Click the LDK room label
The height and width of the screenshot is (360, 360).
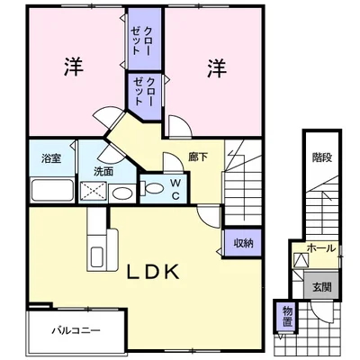pos(153,272)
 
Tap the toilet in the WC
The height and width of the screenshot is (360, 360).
pos(152,188)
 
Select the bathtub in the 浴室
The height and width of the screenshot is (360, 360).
pos(52,190)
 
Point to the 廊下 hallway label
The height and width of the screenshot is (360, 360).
pos(198,157)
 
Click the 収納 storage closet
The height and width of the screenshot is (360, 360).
pos(243,243)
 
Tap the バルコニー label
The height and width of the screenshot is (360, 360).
pos(76,331)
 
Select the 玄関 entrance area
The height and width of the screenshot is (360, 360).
pos(322,285)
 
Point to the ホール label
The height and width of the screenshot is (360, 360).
pos(320,248)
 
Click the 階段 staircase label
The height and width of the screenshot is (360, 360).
pos(322,157)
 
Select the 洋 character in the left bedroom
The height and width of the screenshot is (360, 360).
pos(74,67)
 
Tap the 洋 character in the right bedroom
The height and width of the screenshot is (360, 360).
pos(217,68)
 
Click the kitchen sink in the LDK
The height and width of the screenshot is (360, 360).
pos(97,256)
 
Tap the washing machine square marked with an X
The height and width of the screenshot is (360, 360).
pos(94,191)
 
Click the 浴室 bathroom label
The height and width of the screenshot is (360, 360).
pos(51,158)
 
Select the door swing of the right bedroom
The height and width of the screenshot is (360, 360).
pos(180,126)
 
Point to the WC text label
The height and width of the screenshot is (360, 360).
pos(175,189)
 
